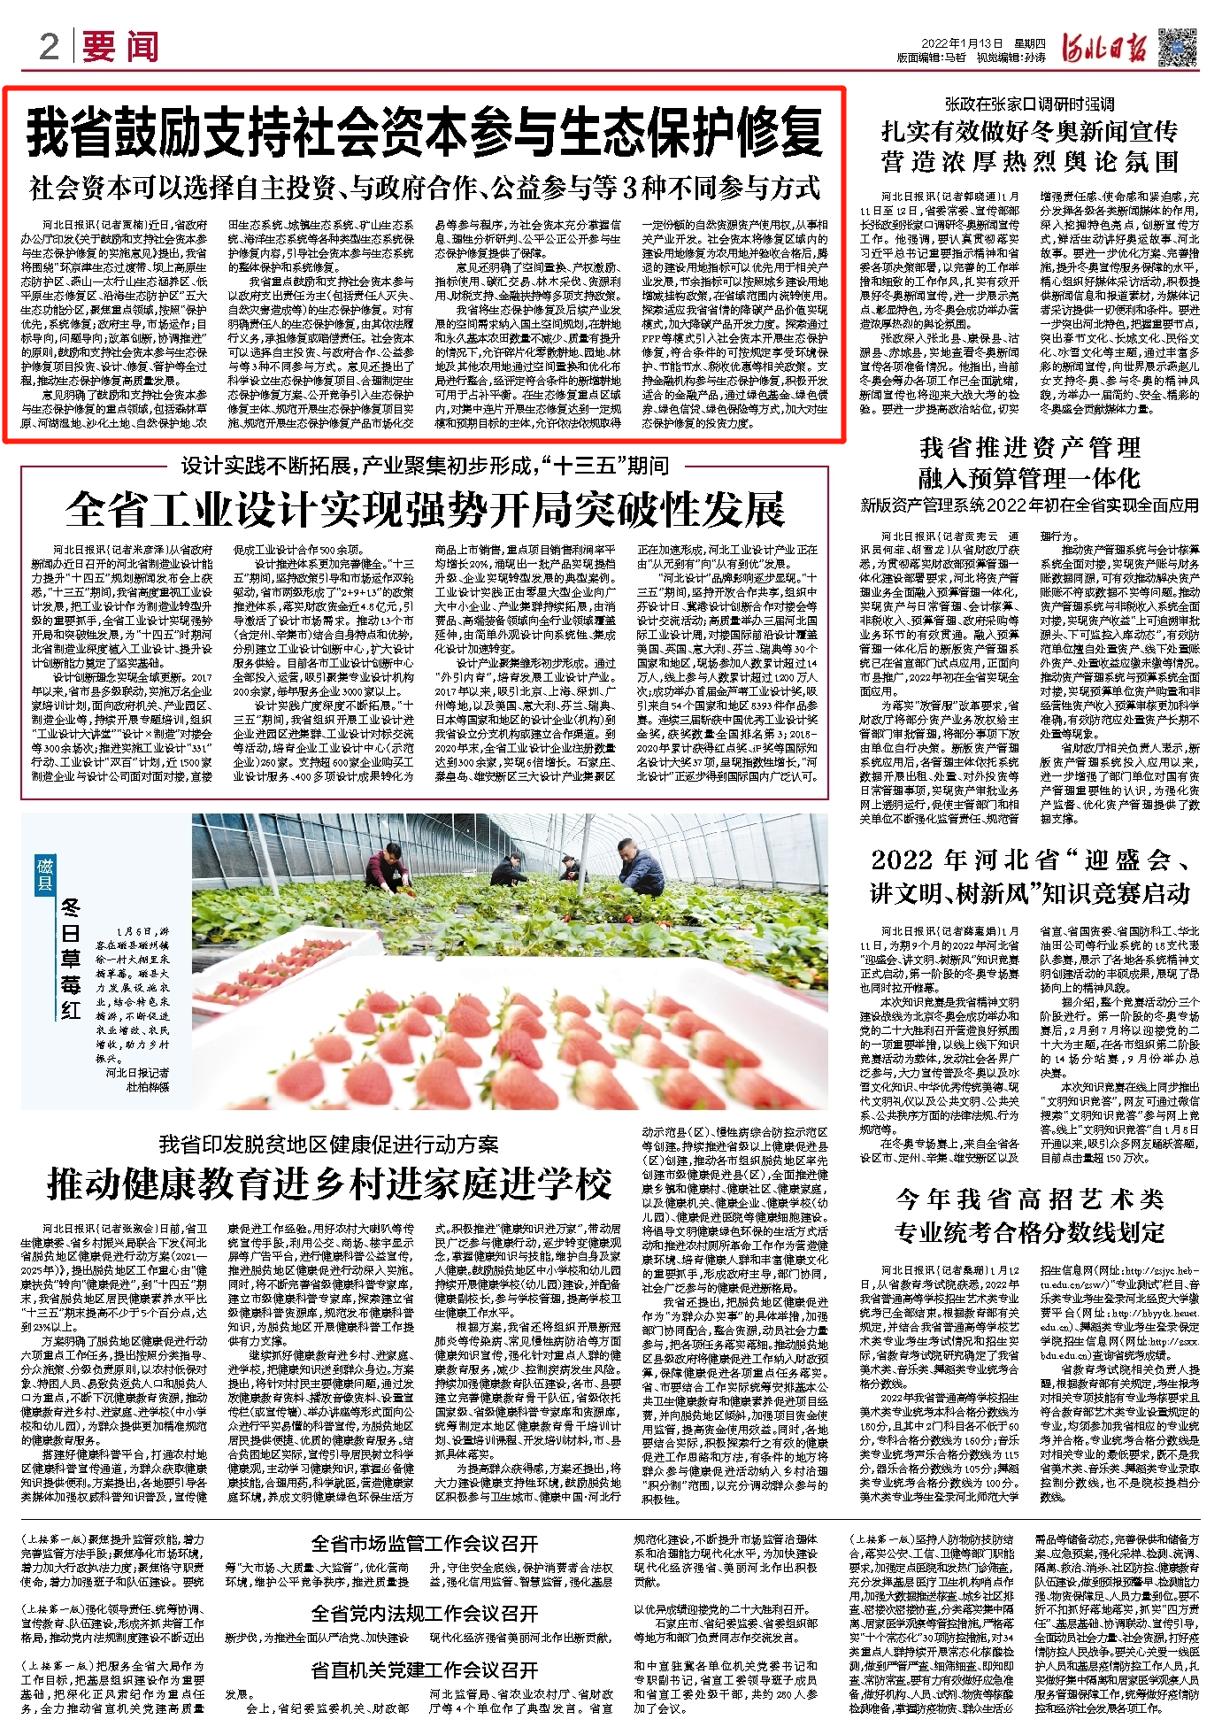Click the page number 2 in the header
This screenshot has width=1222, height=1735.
click(50, 46)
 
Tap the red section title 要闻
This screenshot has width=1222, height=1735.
click(121, 47)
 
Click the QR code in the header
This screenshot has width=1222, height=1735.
click(1177, 46)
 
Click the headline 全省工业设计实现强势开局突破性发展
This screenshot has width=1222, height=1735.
click(425, 509)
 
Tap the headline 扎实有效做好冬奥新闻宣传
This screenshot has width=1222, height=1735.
click(1029, 132)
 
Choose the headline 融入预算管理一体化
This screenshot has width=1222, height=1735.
click(1029, 479)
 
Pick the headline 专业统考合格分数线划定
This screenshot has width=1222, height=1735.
click(1029, 1232)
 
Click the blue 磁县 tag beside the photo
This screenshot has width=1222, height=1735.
click(45, 873)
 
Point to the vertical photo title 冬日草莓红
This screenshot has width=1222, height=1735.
click(71, 960)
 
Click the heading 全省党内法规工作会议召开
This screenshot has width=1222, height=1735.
click(424, 1613)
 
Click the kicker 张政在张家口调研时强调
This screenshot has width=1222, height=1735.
click(1029, 104)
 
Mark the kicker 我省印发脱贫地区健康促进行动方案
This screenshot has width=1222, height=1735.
click(329, 1145)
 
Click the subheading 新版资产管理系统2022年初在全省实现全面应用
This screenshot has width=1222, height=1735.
click(1029, 505)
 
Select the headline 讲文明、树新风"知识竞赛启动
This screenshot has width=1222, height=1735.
click(1029, 893)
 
